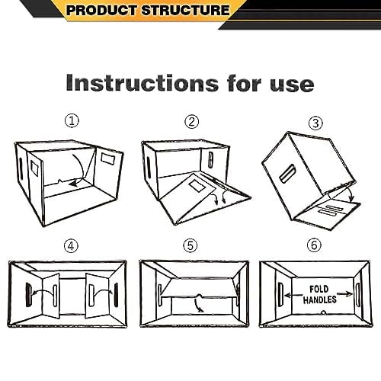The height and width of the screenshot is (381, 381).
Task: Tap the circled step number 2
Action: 192,121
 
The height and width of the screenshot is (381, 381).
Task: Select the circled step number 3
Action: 313,123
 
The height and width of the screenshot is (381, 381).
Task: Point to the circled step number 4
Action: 71,245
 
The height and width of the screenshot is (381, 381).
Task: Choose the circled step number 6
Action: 313,245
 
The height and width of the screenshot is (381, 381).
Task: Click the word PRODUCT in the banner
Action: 97,11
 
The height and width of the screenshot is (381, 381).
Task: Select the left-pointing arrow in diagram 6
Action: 290,294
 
